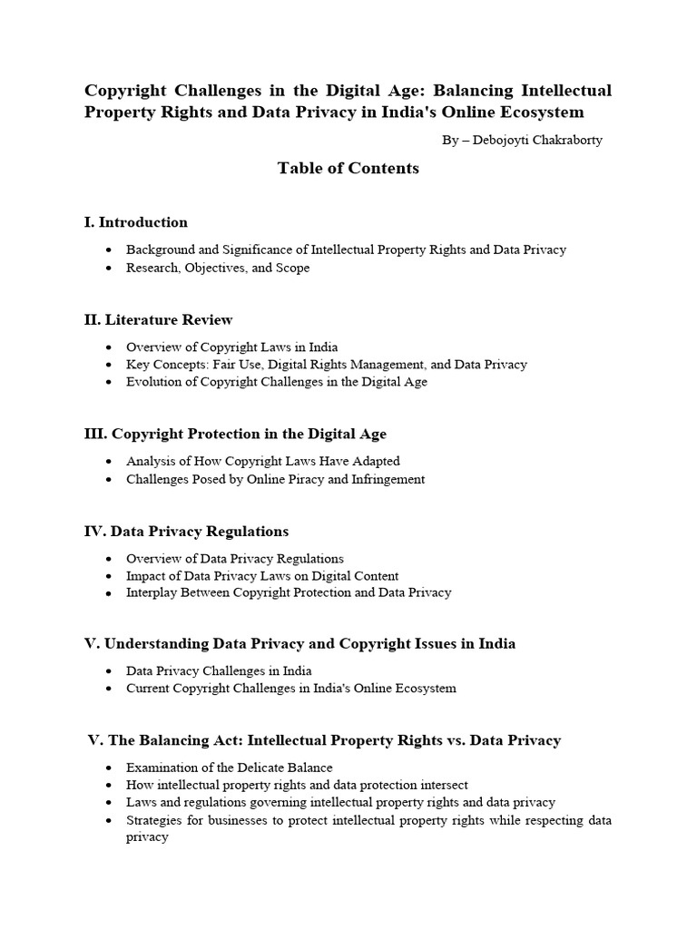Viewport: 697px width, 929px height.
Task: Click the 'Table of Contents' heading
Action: point(348,168)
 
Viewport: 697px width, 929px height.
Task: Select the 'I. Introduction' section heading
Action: point(136,222)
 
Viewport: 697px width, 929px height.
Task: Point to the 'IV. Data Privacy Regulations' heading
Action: point(186,531)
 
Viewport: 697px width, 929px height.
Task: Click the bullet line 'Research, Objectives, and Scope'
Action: point(218,268)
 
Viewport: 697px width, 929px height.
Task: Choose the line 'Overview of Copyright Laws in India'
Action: point(232,347)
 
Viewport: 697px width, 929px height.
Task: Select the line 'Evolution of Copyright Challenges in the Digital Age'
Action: point(277,382)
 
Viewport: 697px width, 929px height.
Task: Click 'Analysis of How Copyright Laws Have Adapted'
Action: point(263,461)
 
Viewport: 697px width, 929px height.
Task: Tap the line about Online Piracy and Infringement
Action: point(276,479)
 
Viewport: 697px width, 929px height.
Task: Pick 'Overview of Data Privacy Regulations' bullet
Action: point(235,558)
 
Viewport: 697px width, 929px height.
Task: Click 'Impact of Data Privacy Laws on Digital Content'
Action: point(262,575)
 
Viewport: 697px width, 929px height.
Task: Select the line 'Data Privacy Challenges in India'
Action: point(219,670)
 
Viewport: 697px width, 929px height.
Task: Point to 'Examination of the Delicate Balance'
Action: point(230,768)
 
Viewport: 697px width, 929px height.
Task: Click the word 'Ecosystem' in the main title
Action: point(539,112)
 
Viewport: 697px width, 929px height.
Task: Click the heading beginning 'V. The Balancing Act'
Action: point(324,740)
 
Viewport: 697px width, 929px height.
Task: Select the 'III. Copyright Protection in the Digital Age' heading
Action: point(235,434)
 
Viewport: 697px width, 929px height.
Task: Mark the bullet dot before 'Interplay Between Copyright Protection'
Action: point(109,593)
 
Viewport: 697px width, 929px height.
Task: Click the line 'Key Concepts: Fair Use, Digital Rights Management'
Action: point(327,364)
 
